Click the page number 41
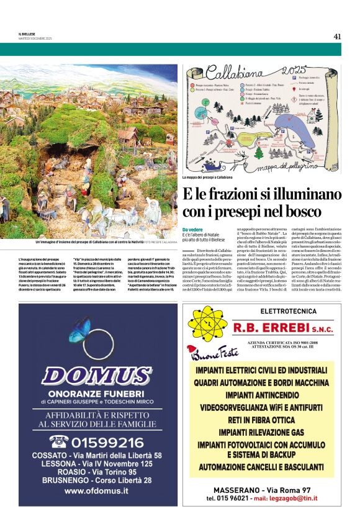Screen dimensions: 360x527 point(337,36)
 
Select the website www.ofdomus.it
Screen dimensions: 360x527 point(96,491)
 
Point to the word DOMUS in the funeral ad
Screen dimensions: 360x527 point(97,376)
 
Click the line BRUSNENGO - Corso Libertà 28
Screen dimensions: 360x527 point(96,480)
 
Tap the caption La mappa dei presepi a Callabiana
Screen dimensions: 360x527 point(212,178)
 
